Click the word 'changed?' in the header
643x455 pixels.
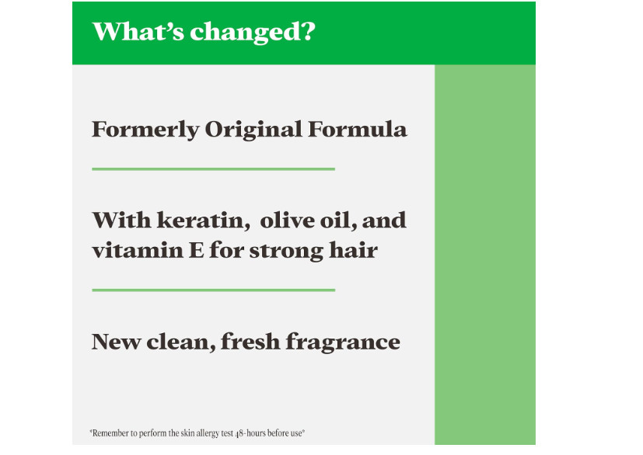(253, 33)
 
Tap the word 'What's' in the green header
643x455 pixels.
(138, 31)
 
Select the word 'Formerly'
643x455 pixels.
(145, 130)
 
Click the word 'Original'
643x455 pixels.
(253, 130)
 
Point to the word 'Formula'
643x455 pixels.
(358, 129)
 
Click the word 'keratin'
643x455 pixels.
(204, 221)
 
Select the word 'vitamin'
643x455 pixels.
(138, 250)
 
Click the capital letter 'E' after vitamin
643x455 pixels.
(196, 250)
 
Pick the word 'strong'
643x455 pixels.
(286, 251)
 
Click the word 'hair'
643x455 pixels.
(353, 249)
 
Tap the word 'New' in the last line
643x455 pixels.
(116, 342)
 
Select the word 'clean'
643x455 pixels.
(181, 342)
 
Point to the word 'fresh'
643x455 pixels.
(250, 341)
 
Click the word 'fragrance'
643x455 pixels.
(343, 342)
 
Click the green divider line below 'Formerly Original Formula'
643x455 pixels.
(213, 168)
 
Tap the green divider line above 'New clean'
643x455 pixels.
(213, 290)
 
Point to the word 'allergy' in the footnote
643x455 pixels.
(208, 434)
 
